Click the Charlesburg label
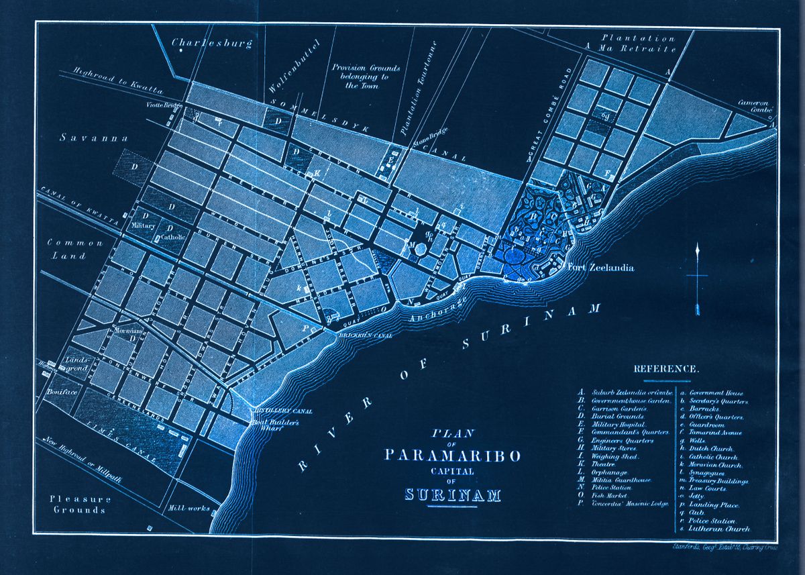tap(212, 44)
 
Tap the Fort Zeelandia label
tap(600, 268)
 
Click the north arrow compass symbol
tap(698, 278)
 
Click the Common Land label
tap(74, 249)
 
